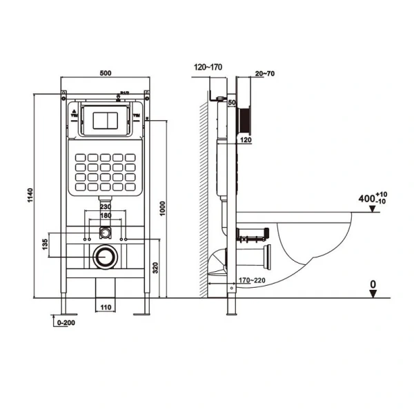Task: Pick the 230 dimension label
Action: pyautogui.click(x=105, y=206)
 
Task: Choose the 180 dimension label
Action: pyautogui.click(x=105, y=215)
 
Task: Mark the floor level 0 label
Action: pyautogui.click(x=373, y=283)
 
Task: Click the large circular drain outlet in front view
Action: pyautogui.click(x=105, y=255)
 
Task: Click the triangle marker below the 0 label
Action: pyautogui.click(x=373, y=293)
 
